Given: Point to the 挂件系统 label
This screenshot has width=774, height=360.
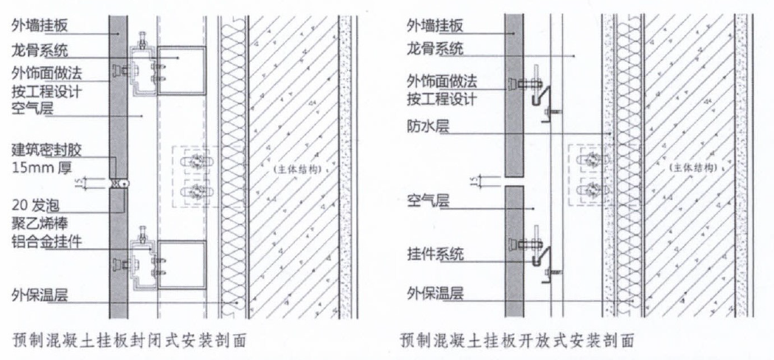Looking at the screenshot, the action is click(x=435, y=255).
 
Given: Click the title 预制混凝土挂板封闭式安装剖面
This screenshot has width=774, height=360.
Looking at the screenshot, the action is click(x=129, y=341).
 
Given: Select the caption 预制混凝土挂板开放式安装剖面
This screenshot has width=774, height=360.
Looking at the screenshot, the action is click(x=516, y=341).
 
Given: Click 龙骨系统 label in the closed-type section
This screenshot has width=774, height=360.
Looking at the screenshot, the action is click(x=40, y=50).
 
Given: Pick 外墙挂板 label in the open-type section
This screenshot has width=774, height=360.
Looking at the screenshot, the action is click(x=435, y=26).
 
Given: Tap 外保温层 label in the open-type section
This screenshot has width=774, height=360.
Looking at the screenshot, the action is click(x=435, y=295).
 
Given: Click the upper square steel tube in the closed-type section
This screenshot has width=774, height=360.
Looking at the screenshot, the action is click(x=182, y=70).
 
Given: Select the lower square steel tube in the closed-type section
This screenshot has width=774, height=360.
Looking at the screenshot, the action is click(x=182, y=265).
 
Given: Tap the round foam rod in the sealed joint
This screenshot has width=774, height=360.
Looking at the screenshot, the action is click(x=125, y=183).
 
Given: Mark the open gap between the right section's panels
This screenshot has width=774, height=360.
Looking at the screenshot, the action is click(x=514, y=181).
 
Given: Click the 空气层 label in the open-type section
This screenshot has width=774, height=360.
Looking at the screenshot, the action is click(x=428, y=201).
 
